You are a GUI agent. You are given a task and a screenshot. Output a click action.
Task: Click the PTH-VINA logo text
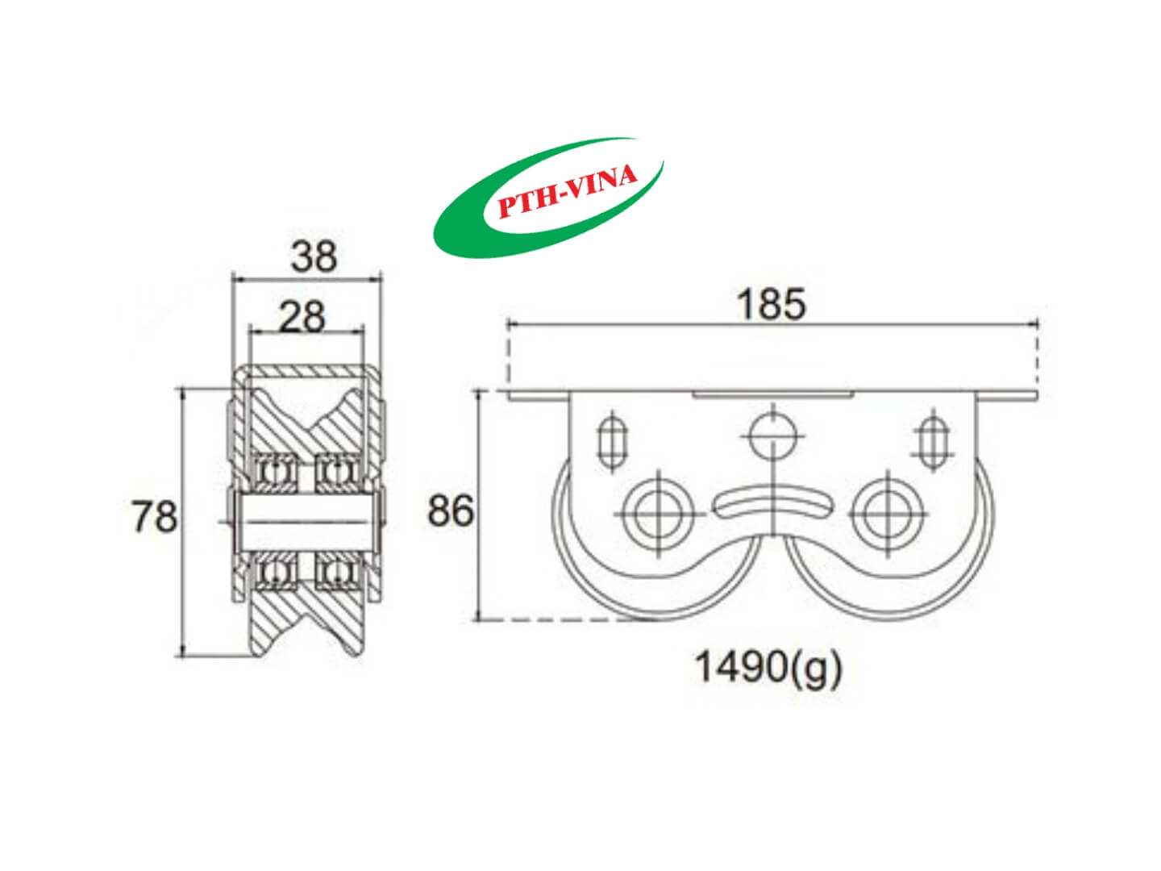[568, 193]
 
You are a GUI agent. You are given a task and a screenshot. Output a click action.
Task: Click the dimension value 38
[314, 256]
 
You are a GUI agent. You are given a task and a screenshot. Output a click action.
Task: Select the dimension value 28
[302, 317]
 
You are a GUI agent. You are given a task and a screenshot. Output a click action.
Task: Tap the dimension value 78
[154, 516]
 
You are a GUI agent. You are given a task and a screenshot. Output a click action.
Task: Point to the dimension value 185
[771, 305]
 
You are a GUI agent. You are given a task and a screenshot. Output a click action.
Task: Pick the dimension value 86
[450, 511]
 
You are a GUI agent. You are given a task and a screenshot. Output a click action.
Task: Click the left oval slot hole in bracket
[612, 440]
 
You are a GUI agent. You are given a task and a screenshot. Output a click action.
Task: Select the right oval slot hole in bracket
[933, 440]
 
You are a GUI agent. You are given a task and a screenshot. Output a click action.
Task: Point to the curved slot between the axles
[772, 503]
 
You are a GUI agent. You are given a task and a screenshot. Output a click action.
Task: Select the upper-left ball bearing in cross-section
[277, 474]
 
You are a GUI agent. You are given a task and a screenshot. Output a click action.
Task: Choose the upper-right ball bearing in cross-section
[336, 474]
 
